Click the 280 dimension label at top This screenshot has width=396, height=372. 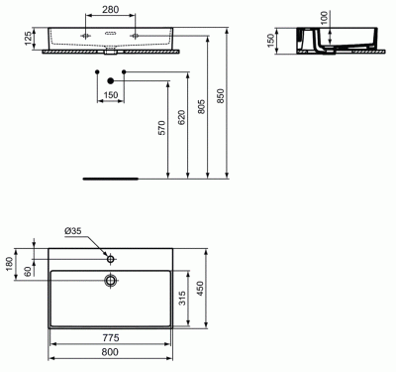point(110,9)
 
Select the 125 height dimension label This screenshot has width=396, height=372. point(29,39)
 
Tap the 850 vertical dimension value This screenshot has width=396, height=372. point(221,95)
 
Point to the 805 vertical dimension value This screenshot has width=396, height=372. point(201,106)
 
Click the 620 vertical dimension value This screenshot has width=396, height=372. point(181,117)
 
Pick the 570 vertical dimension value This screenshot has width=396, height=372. point(161,128)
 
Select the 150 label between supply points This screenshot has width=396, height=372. point(111,95)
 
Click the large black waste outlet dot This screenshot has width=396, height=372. point(111,80)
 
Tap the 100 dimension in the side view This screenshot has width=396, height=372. point(325,18)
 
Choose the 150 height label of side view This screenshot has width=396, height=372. point(271,41)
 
